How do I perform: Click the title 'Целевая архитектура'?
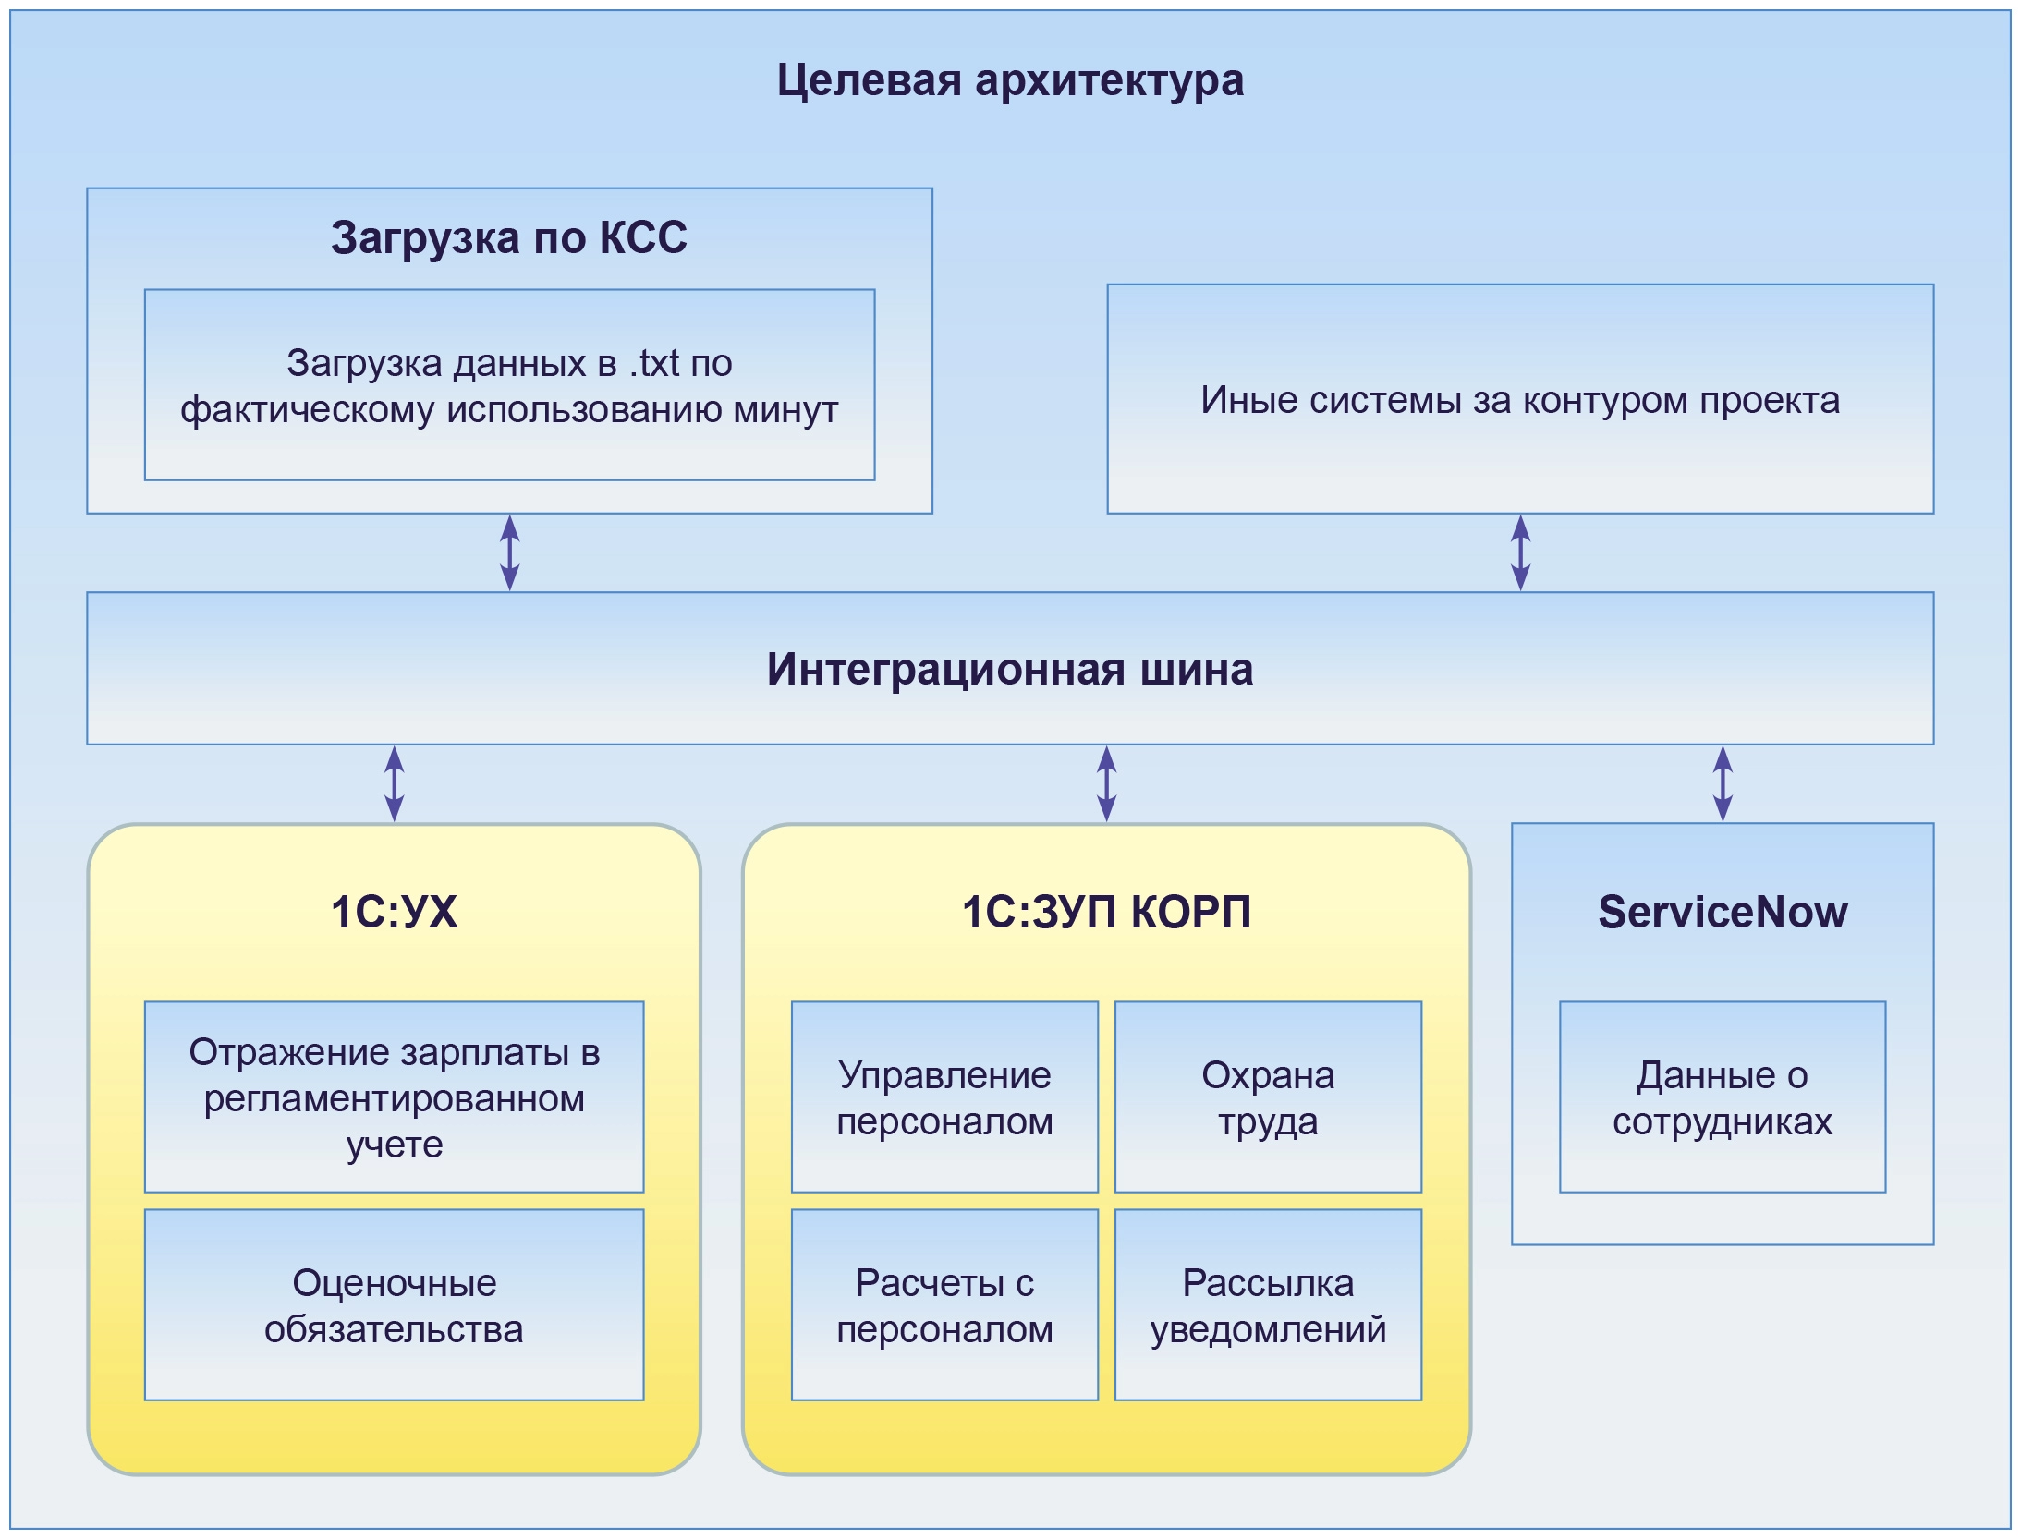[1010, 80]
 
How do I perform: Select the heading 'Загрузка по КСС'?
[509, 237]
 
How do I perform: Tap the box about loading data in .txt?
[509, 385]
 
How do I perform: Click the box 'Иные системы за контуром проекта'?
[1520, 399]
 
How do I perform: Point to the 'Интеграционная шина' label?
[1010, 669]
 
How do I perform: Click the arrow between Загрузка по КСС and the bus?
[509, 552]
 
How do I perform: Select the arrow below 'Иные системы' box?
[1520, 552]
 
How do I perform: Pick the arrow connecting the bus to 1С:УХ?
[395, 783]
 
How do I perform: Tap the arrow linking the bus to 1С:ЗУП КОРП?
[1106, 783]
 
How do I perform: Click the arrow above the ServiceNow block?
[1723, 783]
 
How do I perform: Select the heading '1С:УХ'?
[395, 912]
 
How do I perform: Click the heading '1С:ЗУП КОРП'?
[1106, 912]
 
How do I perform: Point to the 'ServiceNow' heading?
[1723, 912]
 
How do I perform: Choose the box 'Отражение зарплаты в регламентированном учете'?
[395, 1097]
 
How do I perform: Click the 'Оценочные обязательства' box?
[395, 1305]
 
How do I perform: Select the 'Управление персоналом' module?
[944, 1097]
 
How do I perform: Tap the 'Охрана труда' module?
[1268, 1097]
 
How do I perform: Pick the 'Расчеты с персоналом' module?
[944, 1305]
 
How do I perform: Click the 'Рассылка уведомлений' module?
[1268, 1305]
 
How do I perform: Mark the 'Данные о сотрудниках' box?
[1723, 1097]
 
